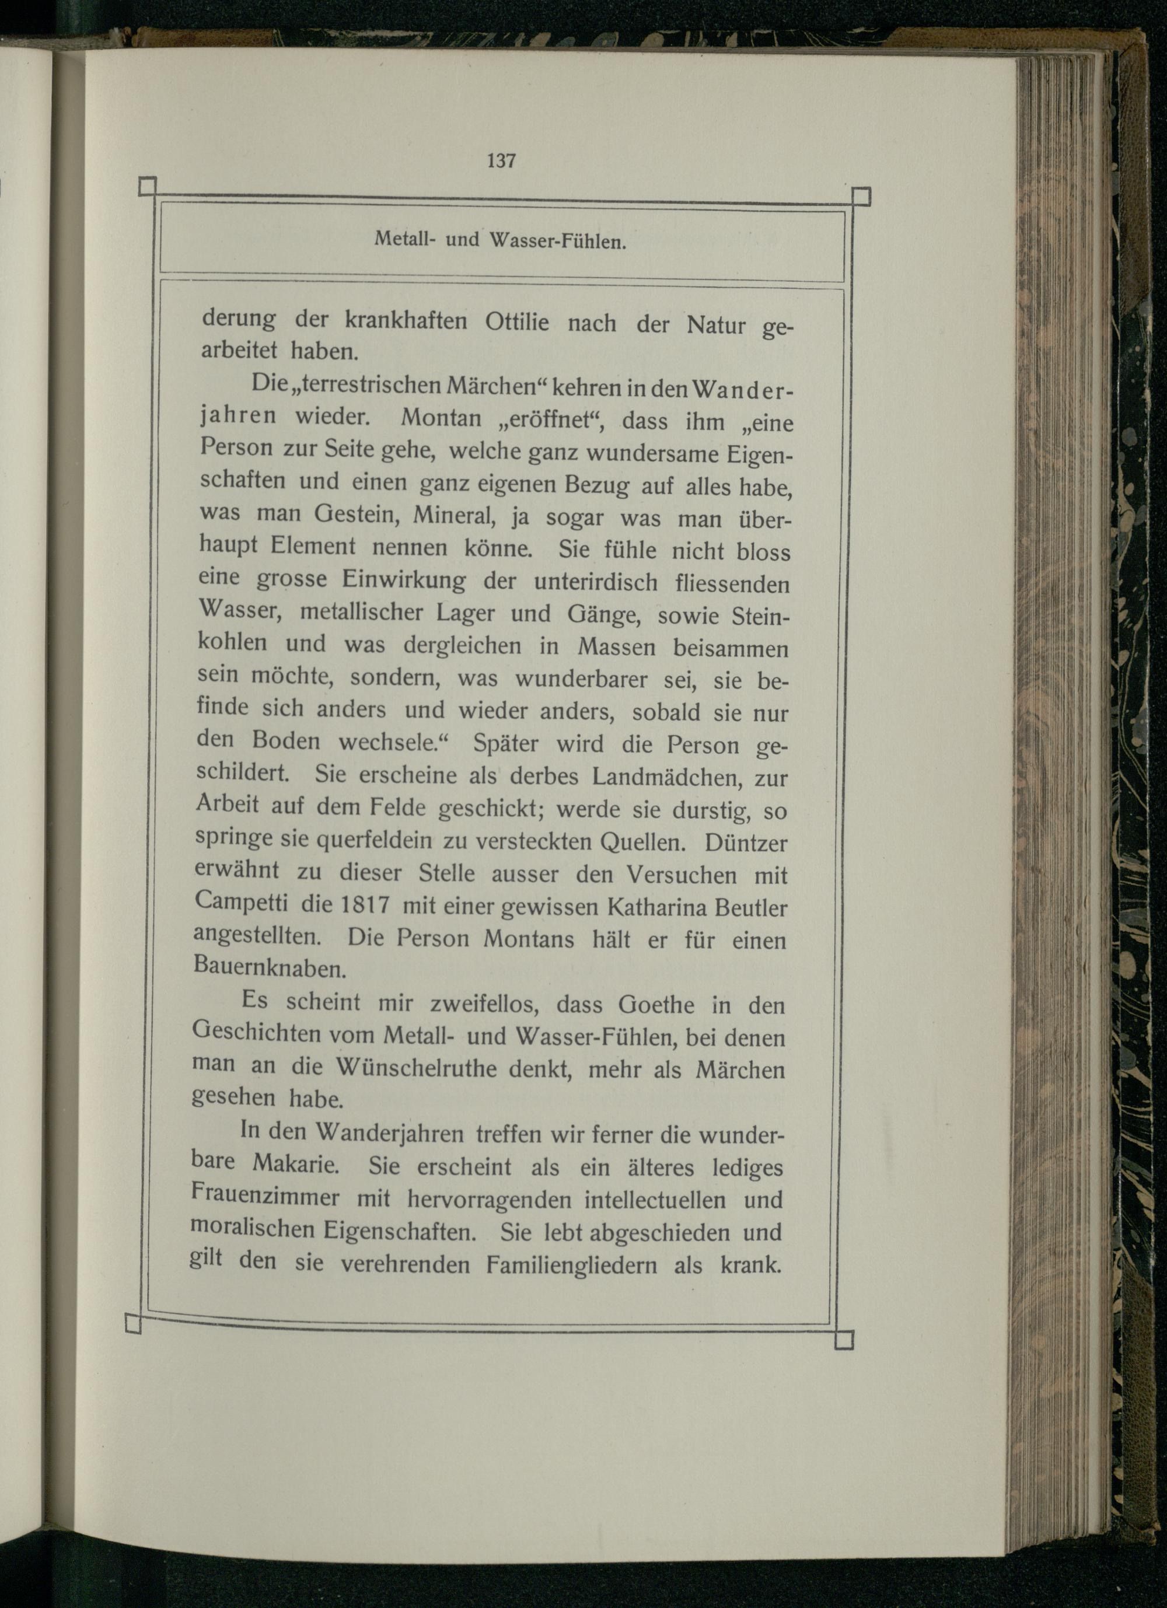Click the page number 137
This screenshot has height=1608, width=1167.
pyautogui.click(x=501, y=161)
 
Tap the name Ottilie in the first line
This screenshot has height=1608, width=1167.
pyautogui.click(x=517, y=323)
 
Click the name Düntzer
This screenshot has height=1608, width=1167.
pyautogui.click(x=746, y=843)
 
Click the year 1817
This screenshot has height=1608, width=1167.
pyautogui.click(x=365, y=905)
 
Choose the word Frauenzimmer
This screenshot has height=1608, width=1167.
pyautogui.click(x=265, y=1197)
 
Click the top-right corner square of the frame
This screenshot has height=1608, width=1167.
pyautogui.click(x=860, y=195)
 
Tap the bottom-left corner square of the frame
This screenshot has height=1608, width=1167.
pyautogui.click(x=132, y=1324)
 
